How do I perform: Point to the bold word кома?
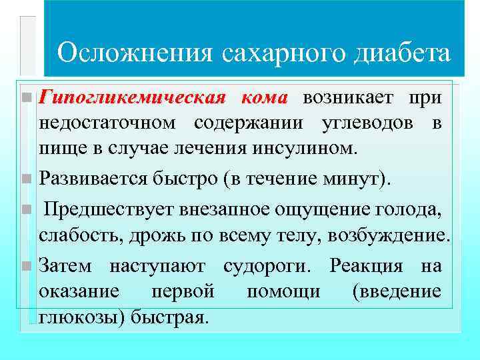(x=263, y=99)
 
